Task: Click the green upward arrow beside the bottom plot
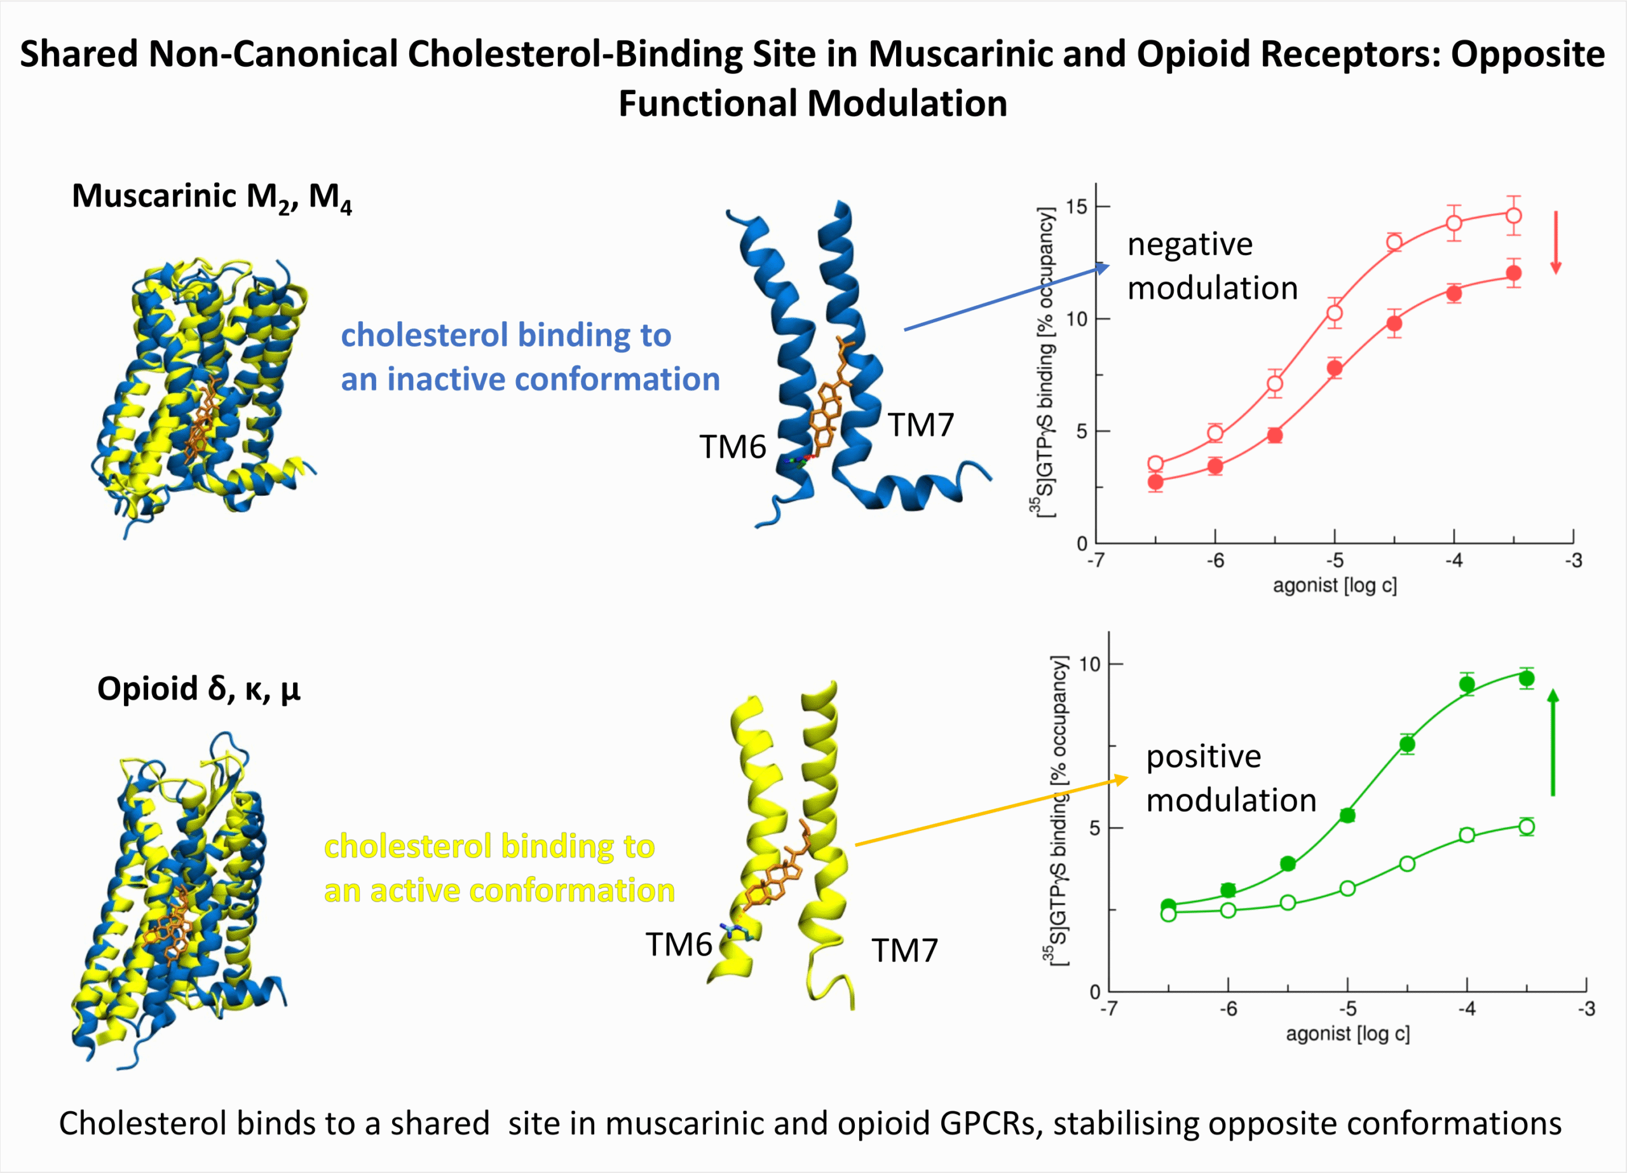1553,743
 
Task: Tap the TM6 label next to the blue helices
732,447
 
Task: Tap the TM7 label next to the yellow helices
904,950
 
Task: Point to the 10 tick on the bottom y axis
1090,664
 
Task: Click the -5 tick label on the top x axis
1334,560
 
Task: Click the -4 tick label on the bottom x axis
1467,1009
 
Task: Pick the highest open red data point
1514,216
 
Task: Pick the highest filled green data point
1527,678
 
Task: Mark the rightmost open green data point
1527,827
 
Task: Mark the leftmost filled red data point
1155,482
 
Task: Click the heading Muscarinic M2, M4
212,196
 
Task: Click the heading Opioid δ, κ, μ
199,689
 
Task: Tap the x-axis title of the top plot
1334,586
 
